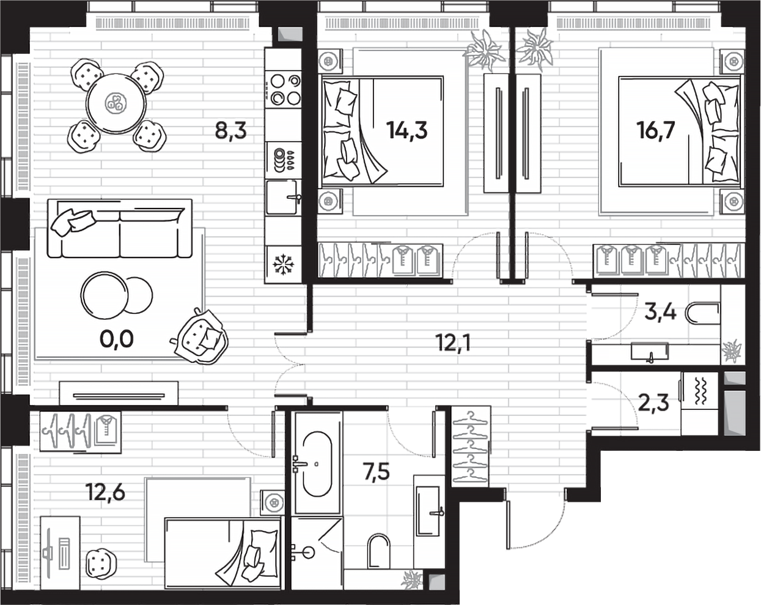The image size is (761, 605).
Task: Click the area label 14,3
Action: [x=406, y=130]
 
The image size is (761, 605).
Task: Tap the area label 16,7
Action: [x=656, y=130]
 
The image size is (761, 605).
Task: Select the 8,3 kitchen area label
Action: [x=230, y=130]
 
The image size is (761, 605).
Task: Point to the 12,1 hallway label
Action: [x=453, y=343]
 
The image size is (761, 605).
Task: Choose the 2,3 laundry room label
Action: [x=653, y=403]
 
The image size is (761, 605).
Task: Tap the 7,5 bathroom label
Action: [x=376, y=472]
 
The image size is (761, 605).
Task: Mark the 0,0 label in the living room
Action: [x=116, y=338]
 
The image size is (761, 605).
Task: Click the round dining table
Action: [x=116, y=103]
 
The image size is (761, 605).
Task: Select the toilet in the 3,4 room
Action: [x=702, y=314]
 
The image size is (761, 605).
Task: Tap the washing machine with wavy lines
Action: [x=700, y=392]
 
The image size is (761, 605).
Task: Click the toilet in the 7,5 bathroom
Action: [x=379, y=552]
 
